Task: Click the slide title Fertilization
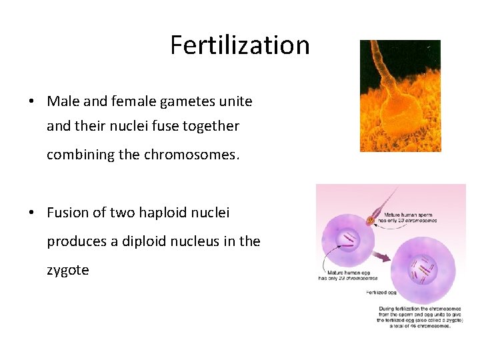click(x=240, y=45)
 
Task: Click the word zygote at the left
click(x=67, y=270)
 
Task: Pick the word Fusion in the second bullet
click(x=67, y=213)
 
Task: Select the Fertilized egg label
click(x=383, y=293)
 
